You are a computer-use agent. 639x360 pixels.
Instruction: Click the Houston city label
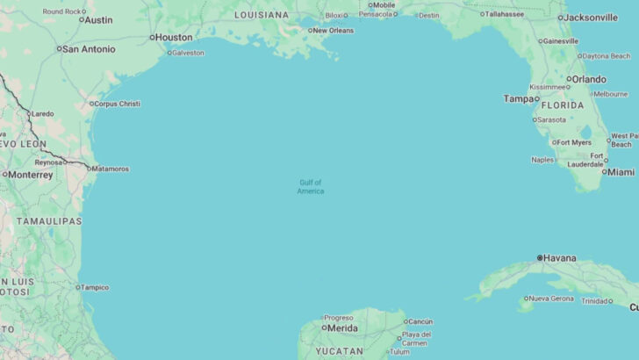[x=174, y=37]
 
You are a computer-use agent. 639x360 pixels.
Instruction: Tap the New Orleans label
[x=334, y=31]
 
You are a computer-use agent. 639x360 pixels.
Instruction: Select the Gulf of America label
[x=311, y=187]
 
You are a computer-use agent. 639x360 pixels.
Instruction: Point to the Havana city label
[x=560, y=258]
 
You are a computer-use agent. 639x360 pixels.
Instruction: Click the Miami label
[x=621, y=172]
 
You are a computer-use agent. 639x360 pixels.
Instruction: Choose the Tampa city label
[x=518, y=98]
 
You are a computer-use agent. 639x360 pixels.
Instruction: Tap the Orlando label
[x=589, y=79]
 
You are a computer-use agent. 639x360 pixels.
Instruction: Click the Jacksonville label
[x=592, y=18]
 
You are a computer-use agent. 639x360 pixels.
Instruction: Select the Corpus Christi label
[x=118, y=104]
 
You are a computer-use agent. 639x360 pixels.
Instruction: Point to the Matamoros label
[x=111, y=169]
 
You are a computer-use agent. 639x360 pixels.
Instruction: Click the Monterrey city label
[x=31, y=175]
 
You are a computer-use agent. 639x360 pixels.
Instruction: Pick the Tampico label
[x=96, y=287]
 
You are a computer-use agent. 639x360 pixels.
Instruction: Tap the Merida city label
[x=342, y=328]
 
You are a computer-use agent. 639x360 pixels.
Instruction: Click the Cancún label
[x=420, y=321]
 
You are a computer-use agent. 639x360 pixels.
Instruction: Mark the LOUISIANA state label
[x=261, y=15]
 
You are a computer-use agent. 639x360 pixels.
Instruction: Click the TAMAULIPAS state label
[x=49, y=221]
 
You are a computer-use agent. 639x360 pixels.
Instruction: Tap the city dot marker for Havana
[x=540, y=258]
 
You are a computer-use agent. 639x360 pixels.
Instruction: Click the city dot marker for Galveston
[x=168, y=53]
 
